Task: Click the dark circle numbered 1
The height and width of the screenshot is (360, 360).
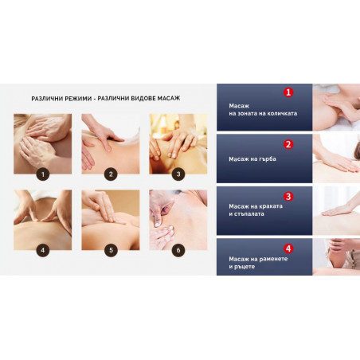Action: coord(43,174)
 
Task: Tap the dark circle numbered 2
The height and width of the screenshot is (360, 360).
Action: coord(111,174)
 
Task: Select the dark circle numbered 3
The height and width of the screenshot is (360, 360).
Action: coord(178,174)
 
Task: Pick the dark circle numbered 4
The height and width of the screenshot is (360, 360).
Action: coord(43,250)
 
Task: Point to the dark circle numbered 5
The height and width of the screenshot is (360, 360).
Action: coord(111,250)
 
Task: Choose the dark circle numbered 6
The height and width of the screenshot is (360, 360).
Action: coord(178,250)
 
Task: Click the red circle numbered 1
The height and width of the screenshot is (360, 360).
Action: coord(288,92)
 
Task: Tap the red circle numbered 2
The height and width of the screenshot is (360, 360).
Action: coord(288,144)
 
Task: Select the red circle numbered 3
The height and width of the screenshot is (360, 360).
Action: coord(288,197)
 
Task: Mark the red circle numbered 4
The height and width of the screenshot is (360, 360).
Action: coord(288,248)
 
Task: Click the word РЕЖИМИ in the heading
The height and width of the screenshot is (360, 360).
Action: coord(78,99)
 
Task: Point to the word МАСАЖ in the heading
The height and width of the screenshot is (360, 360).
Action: coord(169,99)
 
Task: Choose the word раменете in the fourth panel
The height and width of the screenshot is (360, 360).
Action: coord(273,259)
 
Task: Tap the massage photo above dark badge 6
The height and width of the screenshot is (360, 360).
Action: coord(178,220)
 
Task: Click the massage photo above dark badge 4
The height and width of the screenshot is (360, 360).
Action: coord(43,220)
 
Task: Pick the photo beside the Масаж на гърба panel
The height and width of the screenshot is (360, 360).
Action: coord(336,158)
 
